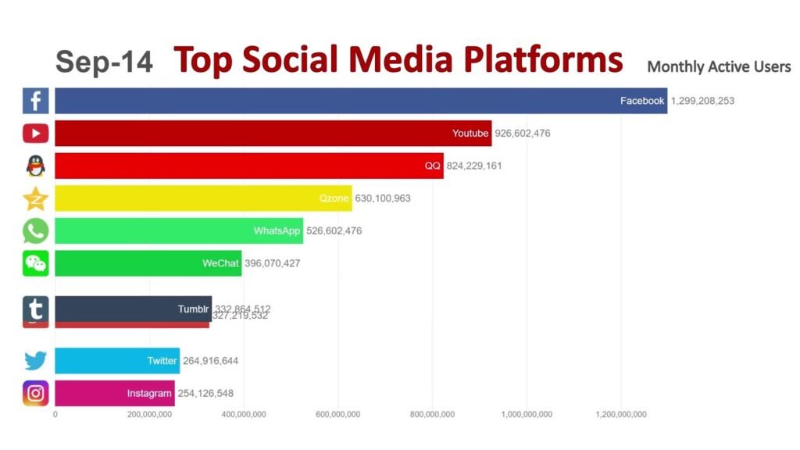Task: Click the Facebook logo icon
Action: click(36, 101)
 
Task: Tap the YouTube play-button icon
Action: click(36, 134)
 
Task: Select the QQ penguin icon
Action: click(36, 166)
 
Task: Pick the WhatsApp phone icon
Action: click(36, 230)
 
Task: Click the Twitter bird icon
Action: click(36, 360)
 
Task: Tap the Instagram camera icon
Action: click(36, 393)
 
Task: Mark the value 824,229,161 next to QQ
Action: click(485, 166)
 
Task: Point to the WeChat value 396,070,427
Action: click(271, 263)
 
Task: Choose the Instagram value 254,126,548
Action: click(206, 393)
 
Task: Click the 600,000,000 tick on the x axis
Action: click(337, 415)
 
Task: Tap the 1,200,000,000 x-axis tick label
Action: click(620, 415)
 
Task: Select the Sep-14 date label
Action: click(104, 62)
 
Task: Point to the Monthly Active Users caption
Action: click(719, 67)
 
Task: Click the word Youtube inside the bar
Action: click(470, 134)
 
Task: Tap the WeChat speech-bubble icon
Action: click(36, 263)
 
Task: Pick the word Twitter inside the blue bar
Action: click(162, 361)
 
